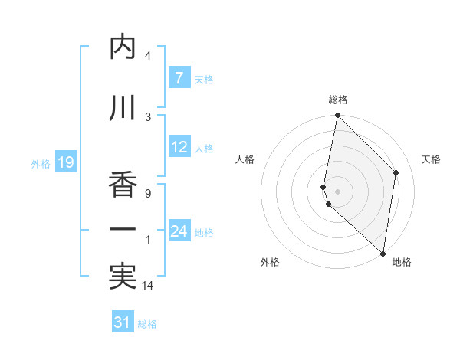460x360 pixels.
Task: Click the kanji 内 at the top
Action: [x=123, y=47]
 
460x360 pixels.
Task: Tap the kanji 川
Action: [x=123, y=107]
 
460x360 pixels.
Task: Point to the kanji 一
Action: [x=123, y=229]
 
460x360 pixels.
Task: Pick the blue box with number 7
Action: [x=179, y=77]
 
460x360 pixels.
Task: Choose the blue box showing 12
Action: [x=179, y=147]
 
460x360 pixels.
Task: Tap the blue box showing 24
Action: [x=179, y=231]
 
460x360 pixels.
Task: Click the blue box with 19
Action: [x=65, y=162]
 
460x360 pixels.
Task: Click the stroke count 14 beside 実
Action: [x=148, y=286]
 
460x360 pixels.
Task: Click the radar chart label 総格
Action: [x=338, y=100]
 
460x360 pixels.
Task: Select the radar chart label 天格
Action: [x=432, y=159]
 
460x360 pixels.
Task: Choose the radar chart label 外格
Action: [x=270, y=262]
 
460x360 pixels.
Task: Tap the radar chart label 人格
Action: [x=245, y=159]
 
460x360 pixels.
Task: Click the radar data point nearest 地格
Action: [x=383, y=253]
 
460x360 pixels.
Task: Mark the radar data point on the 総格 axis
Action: [x=337, y=116]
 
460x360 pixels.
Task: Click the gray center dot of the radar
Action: [x=338, y=191]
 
